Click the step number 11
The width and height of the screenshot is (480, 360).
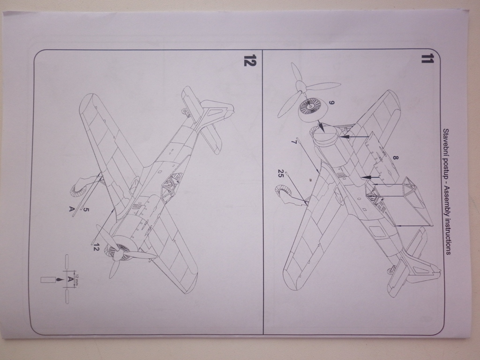(x=427, y=60)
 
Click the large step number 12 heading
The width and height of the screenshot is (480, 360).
(x=249, y=61)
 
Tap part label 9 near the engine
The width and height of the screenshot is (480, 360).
(x=331, y=103)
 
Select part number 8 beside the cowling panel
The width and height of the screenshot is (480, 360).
(x=395, y=159)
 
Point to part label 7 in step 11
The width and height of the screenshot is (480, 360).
(x=293, y=141)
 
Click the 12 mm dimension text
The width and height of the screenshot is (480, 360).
(x=77, y=279)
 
